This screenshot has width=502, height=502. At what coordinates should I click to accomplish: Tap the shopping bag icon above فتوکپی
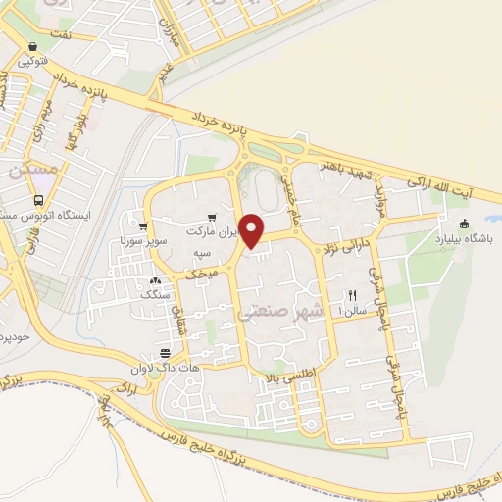34,46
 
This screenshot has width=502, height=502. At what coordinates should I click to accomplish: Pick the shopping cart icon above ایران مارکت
210,219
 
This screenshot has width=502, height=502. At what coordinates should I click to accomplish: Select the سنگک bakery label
154,293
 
